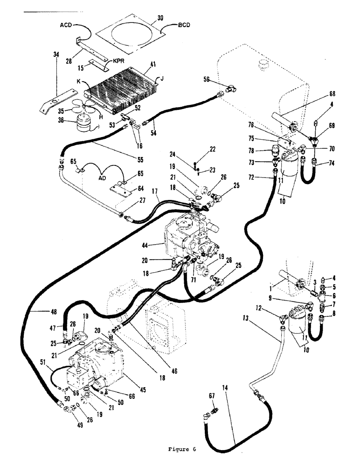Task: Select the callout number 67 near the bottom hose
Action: click(x=212, y=396)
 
